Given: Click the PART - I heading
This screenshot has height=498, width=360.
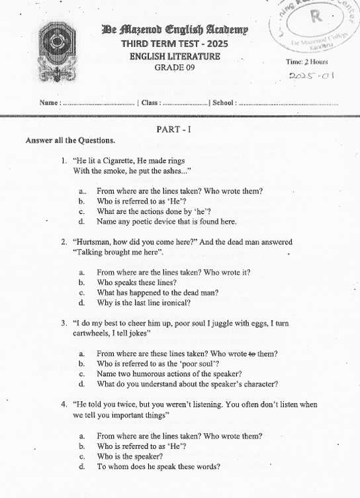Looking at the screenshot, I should pos(174,129).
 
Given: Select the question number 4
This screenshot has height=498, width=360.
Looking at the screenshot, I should pos(63,404).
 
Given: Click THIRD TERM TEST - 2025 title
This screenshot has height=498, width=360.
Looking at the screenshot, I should pos(175,44).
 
